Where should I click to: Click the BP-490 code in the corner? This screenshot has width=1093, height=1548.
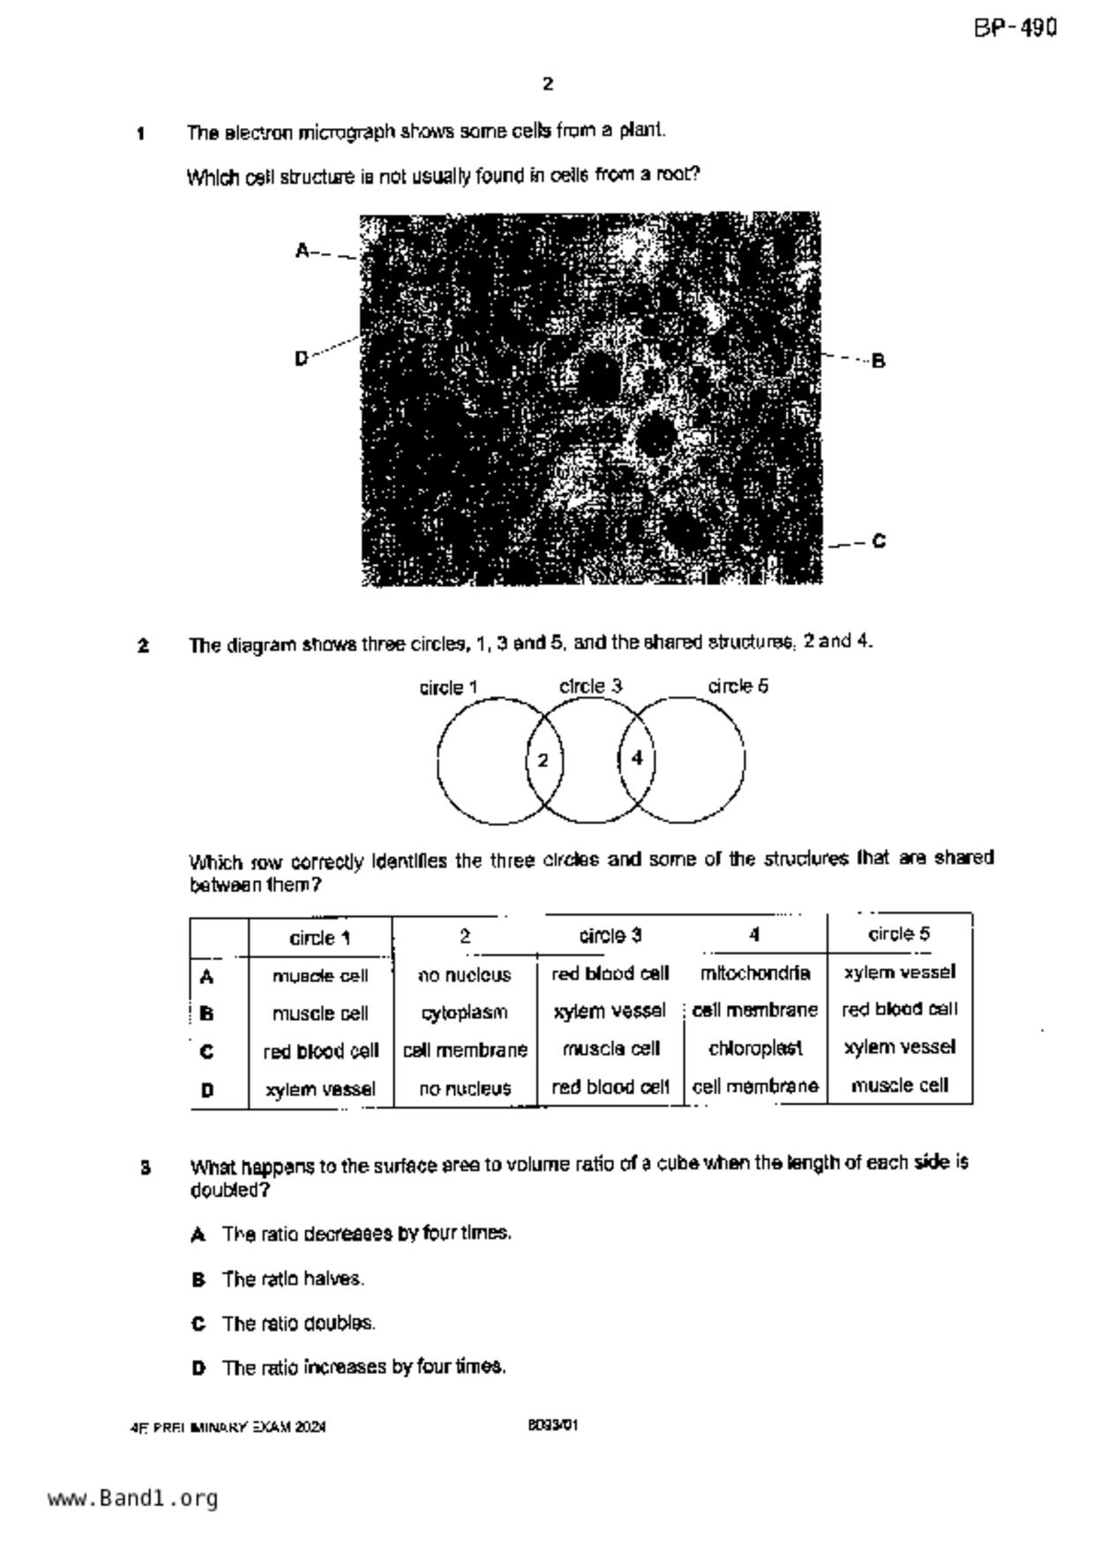1014,28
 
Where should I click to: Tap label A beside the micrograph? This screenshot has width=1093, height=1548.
303,251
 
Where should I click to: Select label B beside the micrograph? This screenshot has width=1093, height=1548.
878,361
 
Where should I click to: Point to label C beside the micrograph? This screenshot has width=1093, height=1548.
879,541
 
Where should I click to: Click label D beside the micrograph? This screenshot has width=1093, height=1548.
302,358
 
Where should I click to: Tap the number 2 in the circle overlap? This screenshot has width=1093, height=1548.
543,760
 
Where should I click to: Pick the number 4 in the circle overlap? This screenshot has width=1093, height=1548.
637,758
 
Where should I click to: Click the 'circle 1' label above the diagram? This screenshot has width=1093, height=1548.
448,688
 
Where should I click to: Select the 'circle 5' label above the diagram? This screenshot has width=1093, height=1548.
737,686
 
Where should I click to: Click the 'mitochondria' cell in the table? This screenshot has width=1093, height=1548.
755,973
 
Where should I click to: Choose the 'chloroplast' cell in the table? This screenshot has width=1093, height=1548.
755,1048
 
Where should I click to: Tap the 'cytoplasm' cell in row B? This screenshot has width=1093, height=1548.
464,1012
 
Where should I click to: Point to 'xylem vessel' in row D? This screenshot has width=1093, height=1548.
320,1089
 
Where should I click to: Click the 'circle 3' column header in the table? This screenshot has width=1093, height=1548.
610,936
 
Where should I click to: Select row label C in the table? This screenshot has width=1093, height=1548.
207,1051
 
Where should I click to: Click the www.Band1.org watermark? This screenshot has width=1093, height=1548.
132,1498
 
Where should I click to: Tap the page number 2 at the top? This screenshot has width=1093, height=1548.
548,85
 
